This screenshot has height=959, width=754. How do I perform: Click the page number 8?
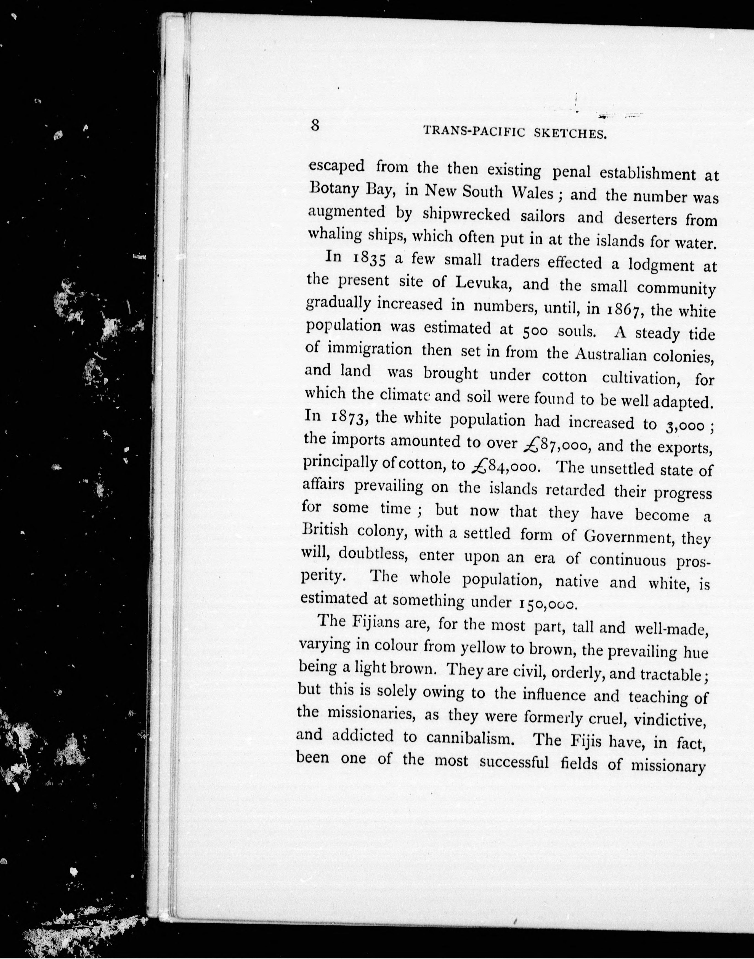315,125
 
